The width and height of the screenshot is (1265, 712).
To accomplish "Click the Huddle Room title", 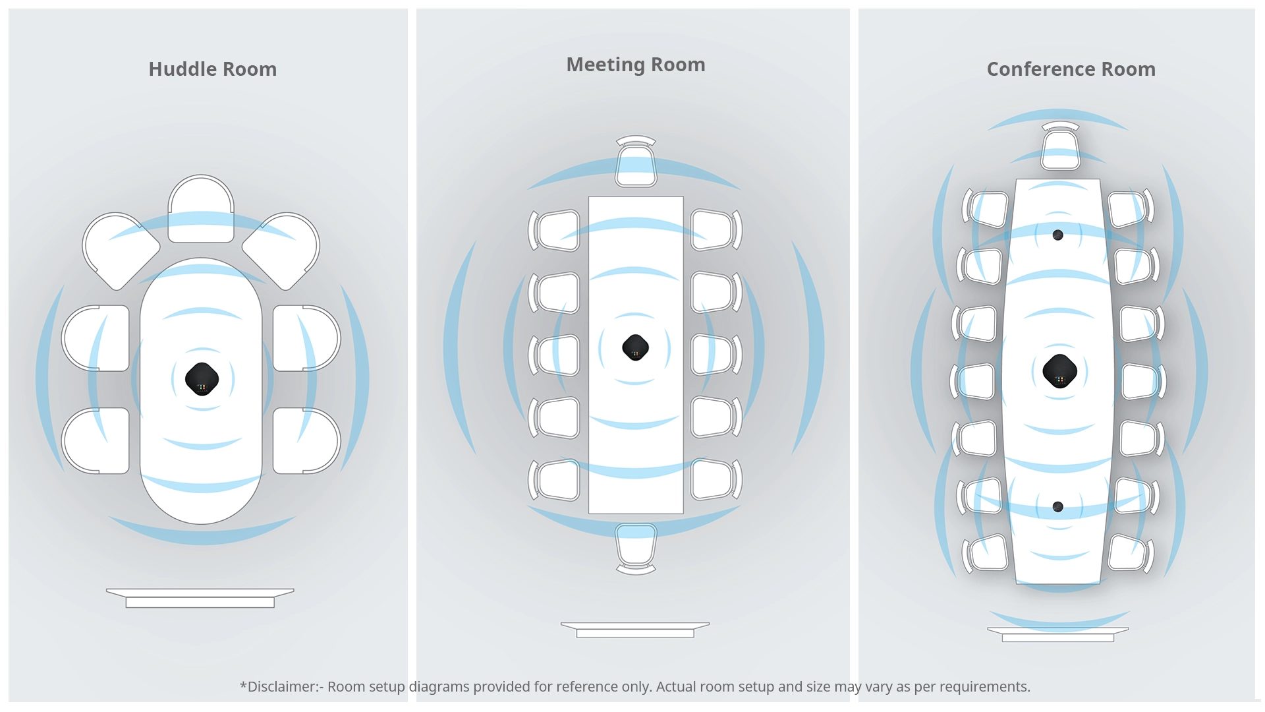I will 212,69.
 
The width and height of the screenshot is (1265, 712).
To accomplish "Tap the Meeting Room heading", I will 635,65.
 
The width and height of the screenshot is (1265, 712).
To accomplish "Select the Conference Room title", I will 1071,69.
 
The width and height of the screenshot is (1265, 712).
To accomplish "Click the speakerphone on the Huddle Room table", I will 202,379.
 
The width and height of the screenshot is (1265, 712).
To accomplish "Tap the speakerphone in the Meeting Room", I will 635,347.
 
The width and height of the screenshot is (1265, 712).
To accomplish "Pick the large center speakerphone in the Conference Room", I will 1059,371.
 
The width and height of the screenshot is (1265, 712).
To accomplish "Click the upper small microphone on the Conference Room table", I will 1057,235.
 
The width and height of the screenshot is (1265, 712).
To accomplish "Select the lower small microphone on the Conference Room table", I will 1057,507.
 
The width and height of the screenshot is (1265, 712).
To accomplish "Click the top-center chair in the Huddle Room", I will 201,209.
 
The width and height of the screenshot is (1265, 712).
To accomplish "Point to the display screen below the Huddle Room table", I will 200,598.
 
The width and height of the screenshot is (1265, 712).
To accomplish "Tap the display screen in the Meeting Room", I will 634,630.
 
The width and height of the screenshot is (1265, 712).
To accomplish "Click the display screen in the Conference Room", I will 1057,634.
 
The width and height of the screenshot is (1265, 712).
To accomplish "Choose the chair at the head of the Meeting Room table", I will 636,163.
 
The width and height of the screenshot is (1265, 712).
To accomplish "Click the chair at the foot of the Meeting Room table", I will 636,547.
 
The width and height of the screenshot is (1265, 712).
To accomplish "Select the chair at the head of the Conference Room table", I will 1060,148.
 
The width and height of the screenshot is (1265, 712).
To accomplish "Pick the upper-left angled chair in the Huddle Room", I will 119,250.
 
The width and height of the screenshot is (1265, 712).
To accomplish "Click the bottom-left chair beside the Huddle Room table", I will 96,440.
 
